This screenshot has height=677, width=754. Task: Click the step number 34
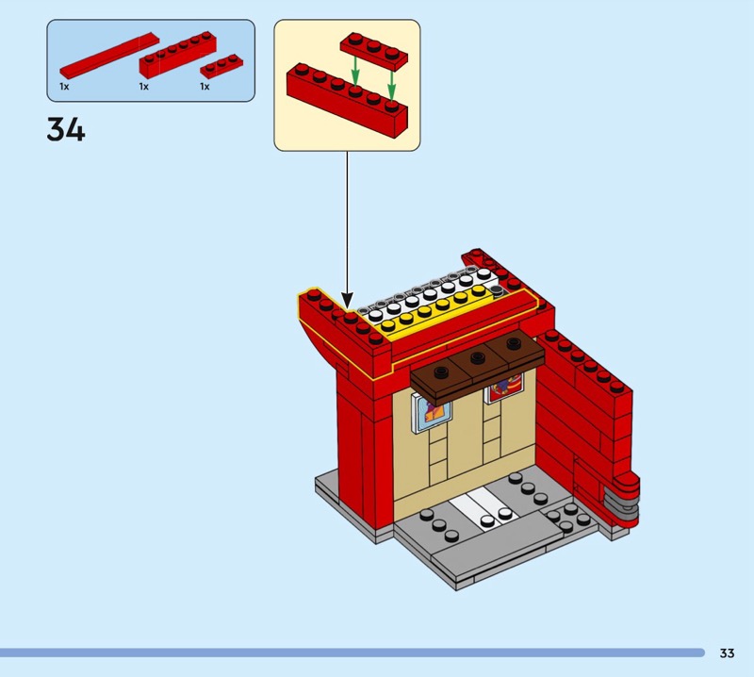pyautogui.click(x=66, y=129)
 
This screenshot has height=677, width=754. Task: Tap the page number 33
pyautogui.click(x=727, y=653)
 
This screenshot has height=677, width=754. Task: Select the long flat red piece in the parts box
pyautogui.click(x=104, y=57)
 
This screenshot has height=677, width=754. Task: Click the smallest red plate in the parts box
pyautogui.click(x=221, y=66)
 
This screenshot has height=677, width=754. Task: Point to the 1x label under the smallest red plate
pyautogui.click(x=205, y=87)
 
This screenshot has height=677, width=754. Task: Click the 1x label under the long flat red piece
pyautogui.click(x=64, y=87)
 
